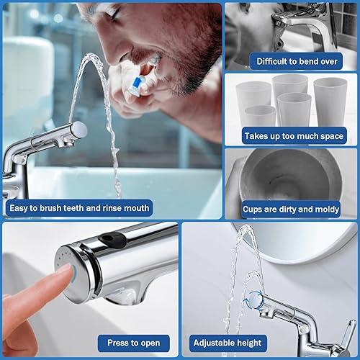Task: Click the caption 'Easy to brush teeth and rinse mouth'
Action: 79,209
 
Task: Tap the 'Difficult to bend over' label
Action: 291,61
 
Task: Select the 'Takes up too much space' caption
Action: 291,136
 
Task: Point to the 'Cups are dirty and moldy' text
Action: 291,209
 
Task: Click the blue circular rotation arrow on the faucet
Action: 253,300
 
